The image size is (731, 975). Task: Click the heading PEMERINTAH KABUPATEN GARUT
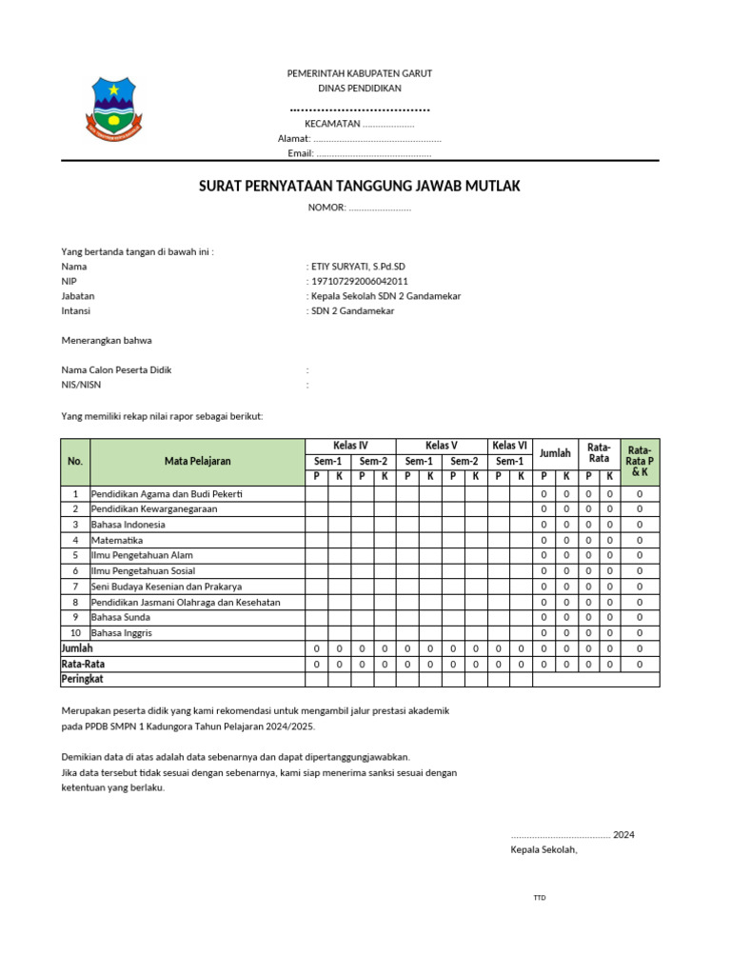359,73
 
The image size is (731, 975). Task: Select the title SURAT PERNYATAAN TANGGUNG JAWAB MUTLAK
359,186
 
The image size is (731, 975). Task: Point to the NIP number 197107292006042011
358,282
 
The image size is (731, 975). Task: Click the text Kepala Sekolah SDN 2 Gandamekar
385,296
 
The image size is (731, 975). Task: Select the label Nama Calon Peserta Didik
116,369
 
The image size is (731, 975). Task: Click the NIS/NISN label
81,385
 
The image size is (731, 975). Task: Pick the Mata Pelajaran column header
197,461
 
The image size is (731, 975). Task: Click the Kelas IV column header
350,446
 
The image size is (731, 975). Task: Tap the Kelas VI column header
510,446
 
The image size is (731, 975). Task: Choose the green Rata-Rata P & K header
640,460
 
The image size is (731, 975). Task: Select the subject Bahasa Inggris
121,632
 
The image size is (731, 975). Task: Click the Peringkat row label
82,679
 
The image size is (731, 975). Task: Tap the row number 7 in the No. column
75,587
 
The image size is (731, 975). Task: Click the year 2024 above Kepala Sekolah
623,835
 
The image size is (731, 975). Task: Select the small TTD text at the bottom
540,898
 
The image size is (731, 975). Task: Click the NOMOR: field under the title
359,208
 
